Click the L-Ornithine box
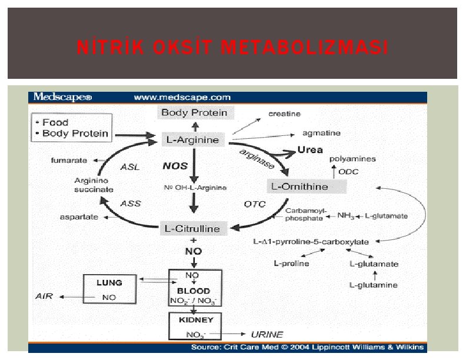pos(299,186)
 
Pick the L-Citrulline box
pos(191,228)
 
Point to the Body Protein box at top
pos(194,112)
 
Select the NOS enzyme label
pos(175,166)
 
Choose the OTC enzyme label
pos(255,204)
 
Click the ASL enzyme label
pos(130,167)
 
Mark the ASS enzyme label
pos(130,204)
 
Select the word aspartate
pos(79,217)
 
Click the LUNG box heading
pos(109,283)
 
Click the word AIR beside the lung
pos(44,296)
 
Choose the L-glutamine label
pos(374,285)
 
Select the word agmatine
pos(321,134)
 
